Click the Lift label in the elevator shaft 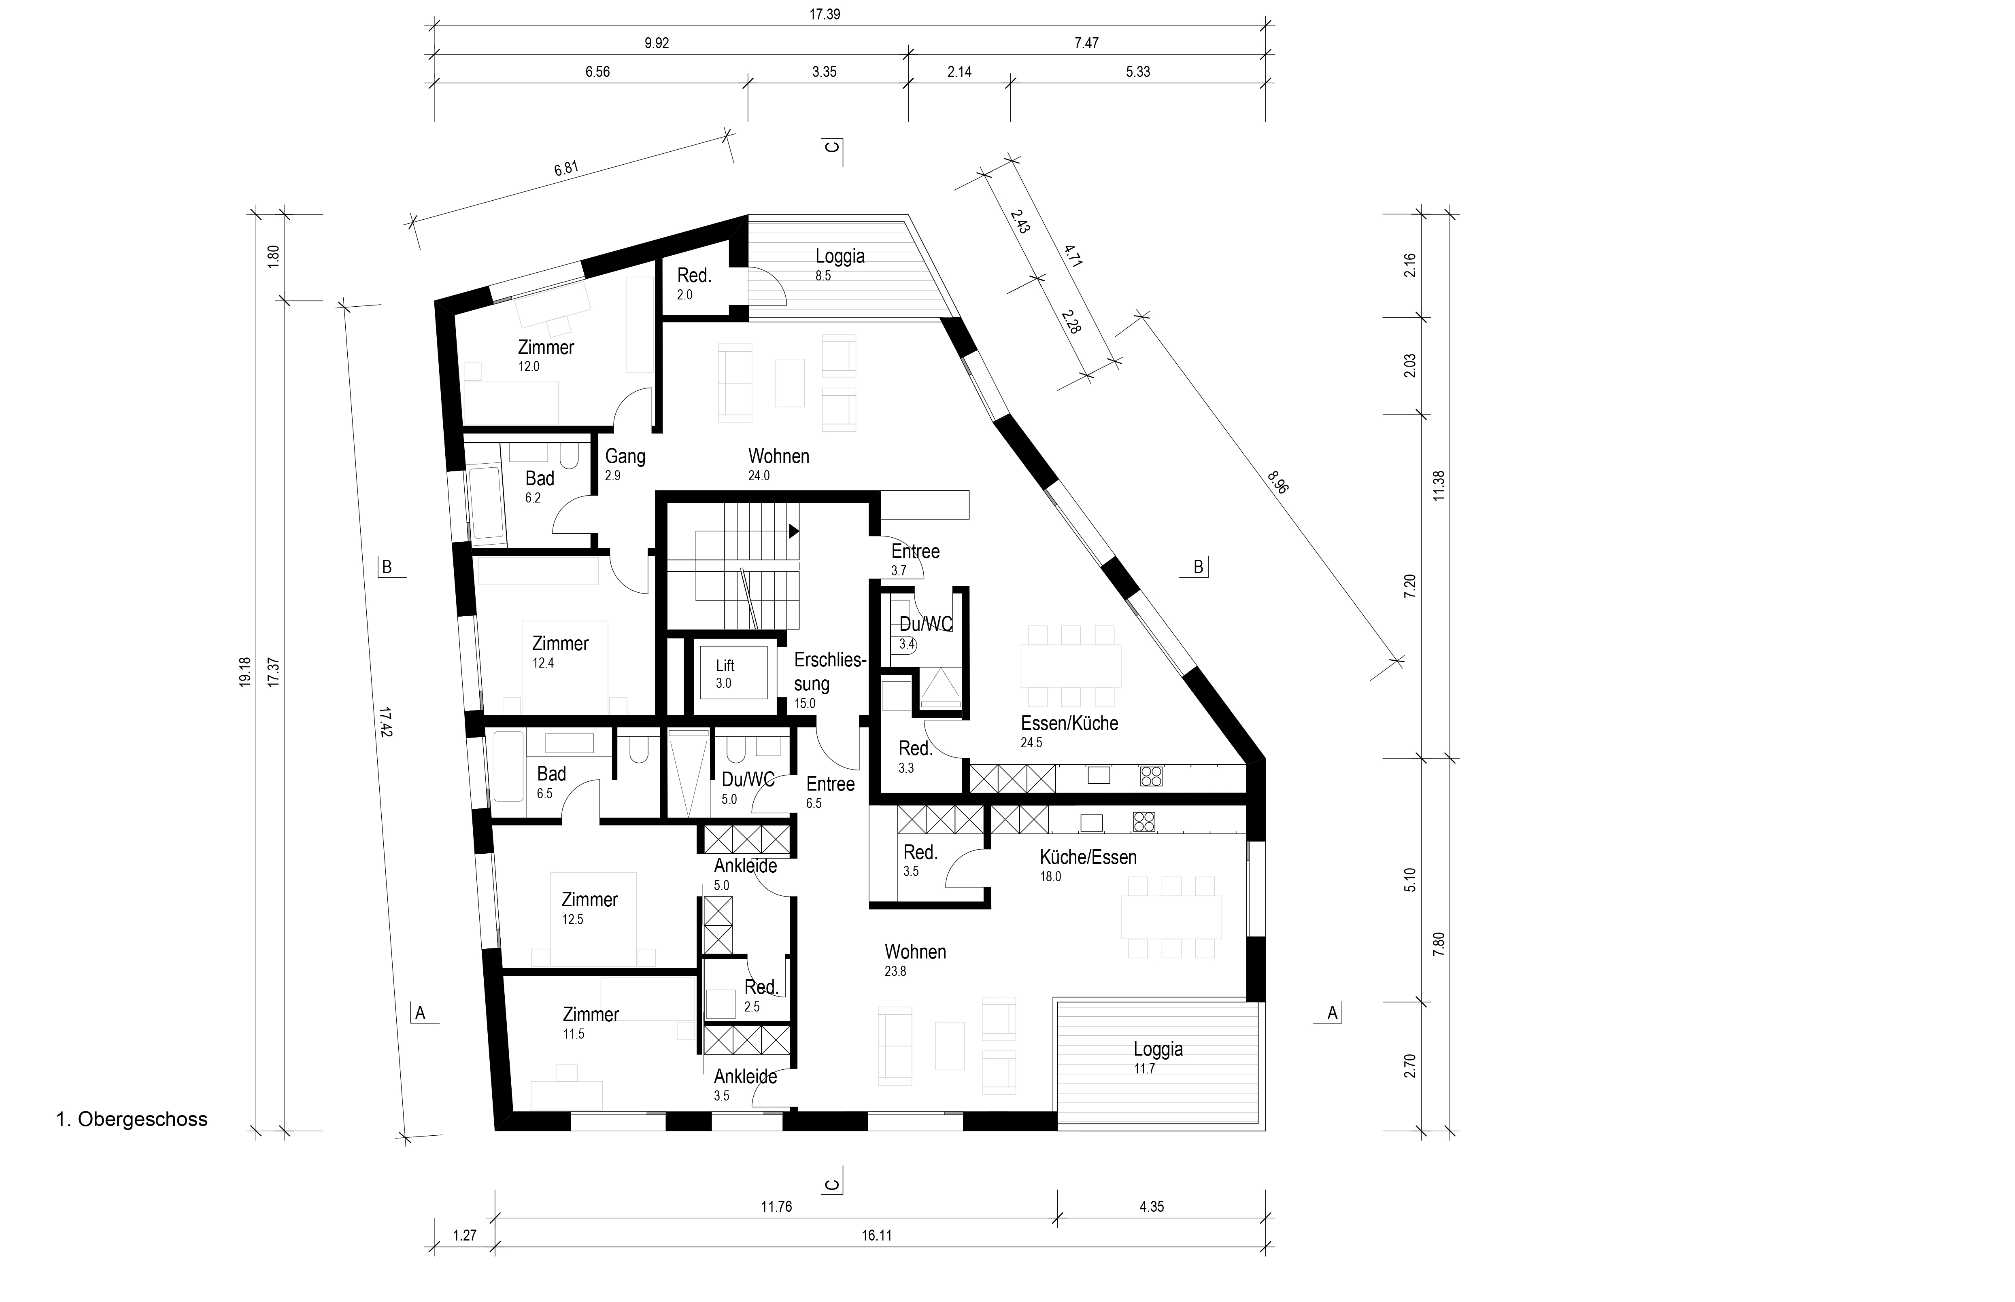coord(725,666)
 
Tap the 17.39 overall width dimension coord(825,15)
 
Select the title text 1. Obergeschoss coord(132,1120)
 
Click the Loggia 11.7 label coord(1158,1057)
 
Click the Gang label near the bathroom coord(625,456)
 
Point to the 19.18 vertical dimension coord(245,672)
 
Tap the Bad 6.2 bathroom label coord(539,486)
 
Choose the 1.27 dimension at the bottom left coord(464,1235)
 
